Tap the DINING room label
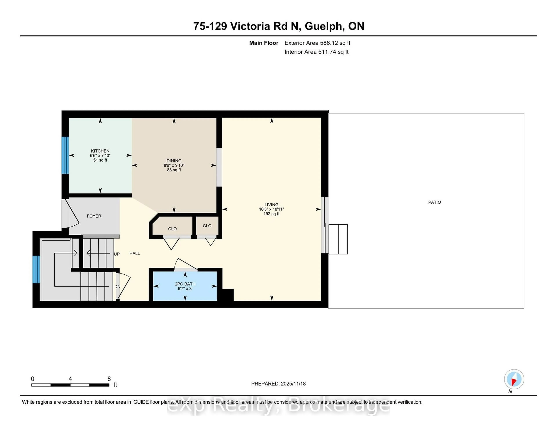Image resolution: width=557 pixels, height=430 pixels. tap(174, 161)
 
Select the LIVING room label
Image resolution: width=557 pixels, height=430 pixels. tap(271, 204)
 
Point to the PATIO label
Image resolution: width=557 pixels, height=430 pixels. tap(434, 202)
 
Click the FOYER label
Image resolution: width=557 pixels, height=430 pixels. tap(94, 216)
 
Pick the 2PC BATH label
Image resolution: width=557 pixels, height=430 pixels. tap(185, 284)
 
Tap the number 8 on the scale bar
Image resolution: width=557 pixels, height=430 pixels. tap(109, 379)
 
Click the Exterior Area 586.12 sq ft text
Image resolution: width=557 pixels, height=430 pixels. tap(317, 43)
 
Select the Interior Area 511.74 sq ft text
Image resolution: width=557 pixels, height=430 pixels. tap(316, 52)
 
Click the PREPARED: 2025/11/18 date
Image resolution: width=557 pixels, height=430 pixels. tap(278, 384)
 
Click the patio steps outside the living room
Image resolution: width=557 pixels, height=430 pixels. tap(338, 239)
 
